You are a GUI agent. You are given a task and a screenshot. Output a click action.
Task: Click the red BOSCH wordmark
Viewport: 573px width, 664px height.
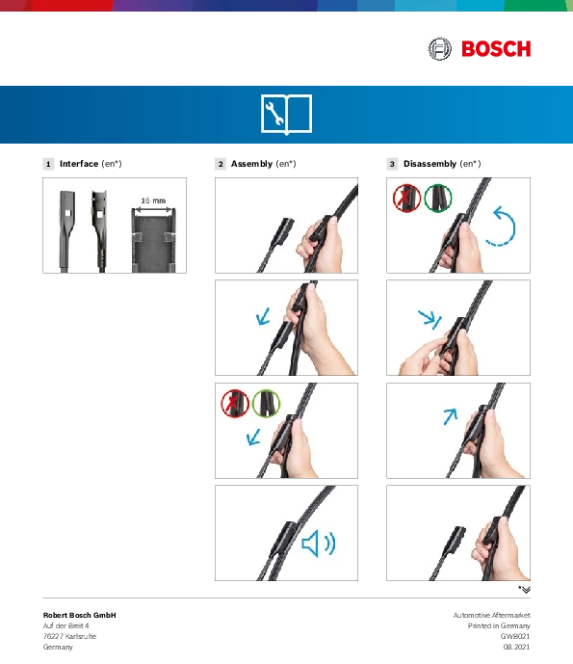click(496, 49)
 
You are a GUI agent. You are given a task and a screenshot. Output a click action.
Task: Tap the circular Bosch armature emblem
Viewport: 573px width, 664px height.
click(439, 49)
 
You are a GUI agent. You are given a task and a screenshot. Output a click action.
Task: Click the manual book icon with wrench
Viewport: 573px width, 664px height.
click(287, 115)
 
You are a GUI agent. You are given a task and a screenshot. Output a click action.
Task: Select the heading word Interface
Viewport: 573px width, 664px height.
click(79, 164)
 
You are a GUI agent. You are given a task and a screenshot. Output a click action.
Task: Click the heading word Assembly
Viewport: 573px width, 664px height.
click(251, 164)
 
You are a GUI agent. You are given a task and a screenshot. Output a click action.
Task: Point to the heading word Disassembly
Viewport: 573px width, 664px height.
click(430, 164)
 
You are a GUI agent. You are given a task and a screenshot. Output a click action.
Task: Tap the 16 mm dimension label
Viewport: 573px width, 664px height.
click(153, 200)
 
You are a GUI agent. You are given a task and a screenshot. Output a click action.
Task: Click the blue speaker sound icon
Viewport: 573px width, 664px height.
click(319, 543)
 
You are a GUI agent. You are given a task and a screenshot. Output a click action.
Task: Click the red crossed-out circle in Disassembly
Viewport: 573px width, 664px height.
click(406, 198)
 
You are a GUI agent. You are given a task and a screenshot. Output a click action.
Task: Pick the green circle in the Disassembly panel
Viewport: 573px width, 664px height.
click(437, 198)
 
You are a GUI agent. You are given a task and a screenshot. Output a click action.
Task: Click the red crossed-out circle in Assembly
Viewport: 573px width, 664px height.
click(235, 403)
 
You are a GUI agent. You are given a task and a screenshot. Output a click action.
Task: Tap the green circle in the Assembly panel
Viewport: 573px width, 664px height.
click(266, 403)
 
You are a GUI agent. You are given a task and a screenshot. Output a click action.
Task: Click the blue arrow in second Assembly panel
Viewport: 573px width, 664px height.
click(263, 317)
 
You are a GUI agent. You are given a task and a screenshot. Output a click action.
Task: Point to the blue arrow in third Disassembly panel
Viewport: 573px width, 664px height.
click(451, 416)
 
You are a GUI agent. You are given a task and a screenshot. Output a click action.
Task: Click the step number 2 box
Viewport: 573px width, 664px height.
click(221, 164)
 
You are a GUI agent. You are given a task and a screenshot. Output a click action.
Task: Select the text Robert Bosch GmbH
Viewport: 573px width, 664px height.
click(80, 615)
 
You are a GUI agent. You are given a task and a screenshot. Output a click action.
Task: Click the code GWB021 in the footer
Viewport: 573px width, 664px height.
click(515, 636)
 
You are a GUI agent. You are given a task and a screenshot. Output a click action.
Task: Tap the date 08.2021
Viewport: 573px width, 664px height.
click(516, 647)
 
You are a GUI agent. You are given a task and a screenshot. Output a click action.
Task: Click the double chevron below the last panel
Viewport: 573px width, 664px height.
click(526, 590)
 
